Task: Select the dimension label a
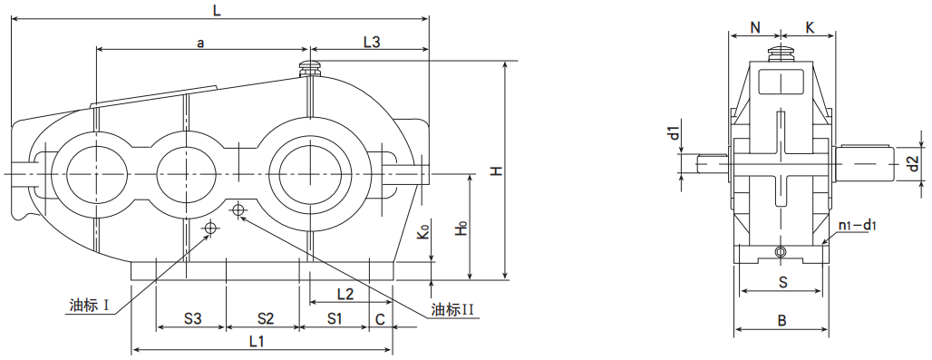[201, 43]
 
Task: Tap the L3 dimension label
[372, 42]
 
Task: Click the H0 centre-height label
[461, 229]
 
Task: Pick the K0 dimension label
[423, 231]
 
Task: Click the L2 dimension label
[345, 294]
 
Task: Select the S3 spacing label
[191, 319]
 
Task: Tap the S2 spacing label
[265, 319]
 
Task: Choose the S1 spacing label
[335, 319]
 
